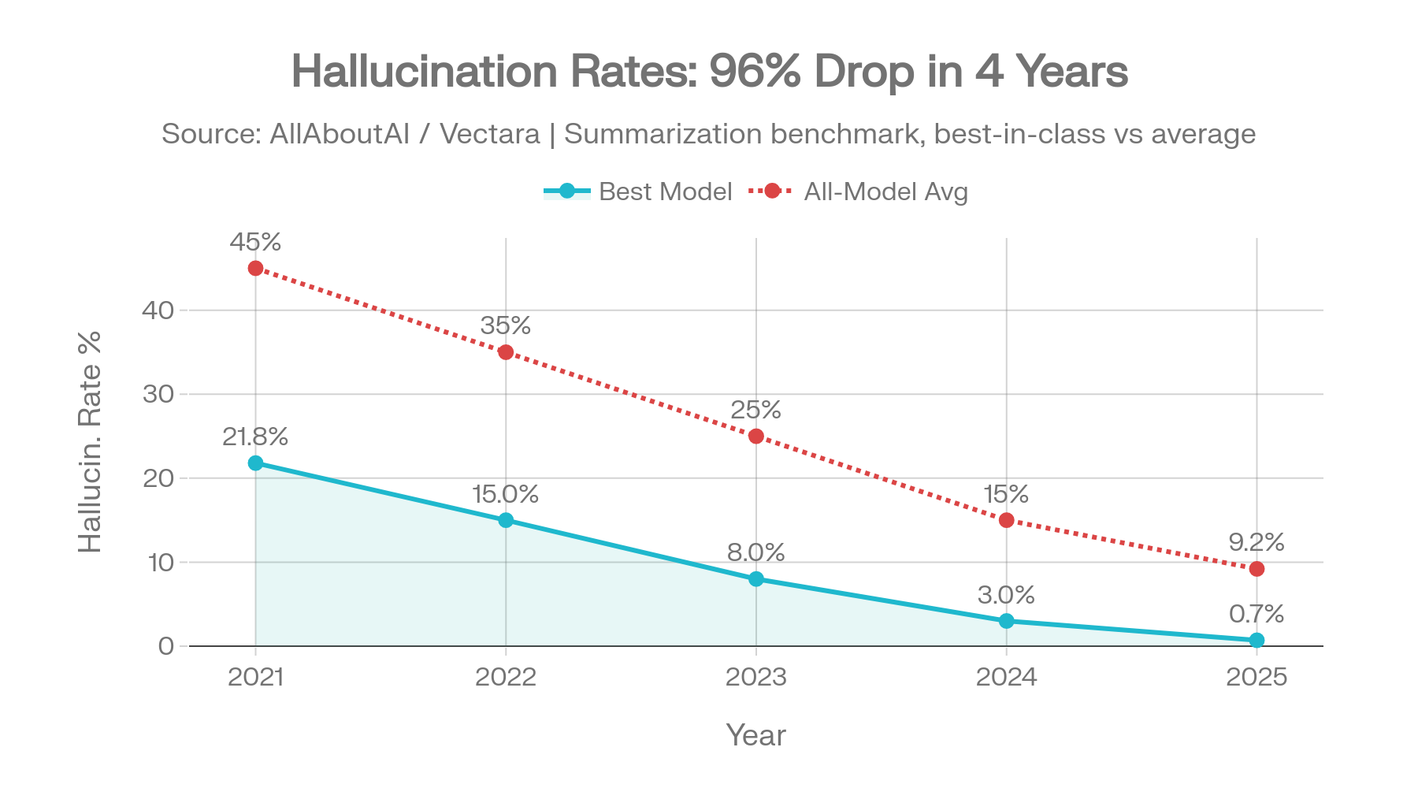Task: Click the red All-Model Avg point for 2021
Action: pyautogui.click(x=255, y=269)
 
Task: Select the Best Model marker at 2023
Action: pyautogui.click(x=756, y=579)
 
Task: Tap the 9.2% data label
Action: pyautogui.click(x=1256, y=542)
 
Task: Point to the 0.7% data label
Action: pyautogui.click(x=1256, y=614)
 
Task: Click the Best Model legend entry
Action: pyautogui.click(x=638, y=192)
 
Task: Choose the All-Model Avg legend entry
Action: pyautogui.click(x=859, y=192)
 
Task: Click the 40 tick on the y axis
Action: pyautogui.click(x=158, y=310)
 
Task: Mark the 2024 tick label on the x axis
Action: pyautogui.click(x=1006, y=677)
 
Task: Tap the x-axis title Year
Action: pyautogui.click(x=755, y=734)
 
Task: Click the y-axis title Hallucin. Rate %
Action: pyautogui.click(x=91, y=441)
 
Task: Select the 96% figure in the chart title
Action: pyautogui.click(x=755, y=72)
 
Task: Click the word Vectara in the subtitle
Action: pyautogui.click(x=489, y=135)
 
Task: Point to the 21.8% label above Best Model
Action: pyautogui.click(x=254, y=437)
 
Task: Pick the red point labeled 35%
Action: pyautogui.click(x=506, y=352)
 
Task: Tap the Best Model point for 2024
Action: pyautogui.click(x=1006, y=621)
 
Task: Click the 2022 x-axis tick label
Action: pyautogui.click(x=506, y=677)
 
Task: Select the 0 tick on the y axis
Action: pyautogui.click(x=165, y=646)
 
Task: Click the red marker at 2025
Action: pyautogui.click(x=1257, y=569)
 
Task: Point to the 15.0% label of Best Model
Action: pyautogui.click(x=505, y=495)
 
